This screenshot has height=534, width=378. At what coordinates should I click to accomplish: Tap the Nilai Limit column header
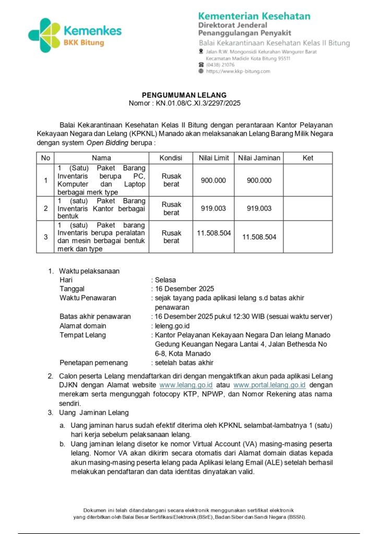[214, 158]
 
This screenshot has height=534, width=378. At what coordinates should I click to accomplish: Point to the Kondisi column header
[171, 158]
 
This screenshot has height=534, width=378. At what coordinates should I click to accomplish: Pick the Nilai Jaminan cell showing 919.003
[259, 208]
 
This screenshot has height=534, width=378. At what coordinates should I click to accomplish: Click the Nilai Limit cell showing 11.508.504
[214, 233]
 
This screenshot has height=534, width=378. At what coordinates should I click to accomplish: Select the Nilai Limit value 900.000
[214, 180]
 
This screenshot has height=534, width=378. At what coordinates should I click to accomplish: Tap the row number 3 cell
[45, 237]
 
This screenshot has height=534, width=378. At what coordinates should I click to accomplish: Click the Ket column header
[308, 158]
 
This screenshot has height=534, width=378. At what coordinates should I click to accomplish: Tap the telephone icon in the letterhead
[202, 65]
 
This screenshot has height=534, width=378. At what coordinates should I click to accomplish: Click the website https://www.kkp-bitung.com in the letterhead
[238, 71]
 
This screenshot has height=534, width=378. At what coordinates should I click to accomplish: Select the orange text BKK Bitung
[84, 42]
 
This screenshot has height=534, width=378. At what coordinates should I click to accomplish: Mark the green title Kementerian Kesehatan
[254, 16]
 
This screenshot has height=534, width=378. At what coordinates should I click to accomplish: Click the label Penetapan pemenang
[93, 363]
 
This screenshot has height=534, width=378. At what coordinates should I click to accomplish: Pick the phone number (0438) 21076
[220, 65]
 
